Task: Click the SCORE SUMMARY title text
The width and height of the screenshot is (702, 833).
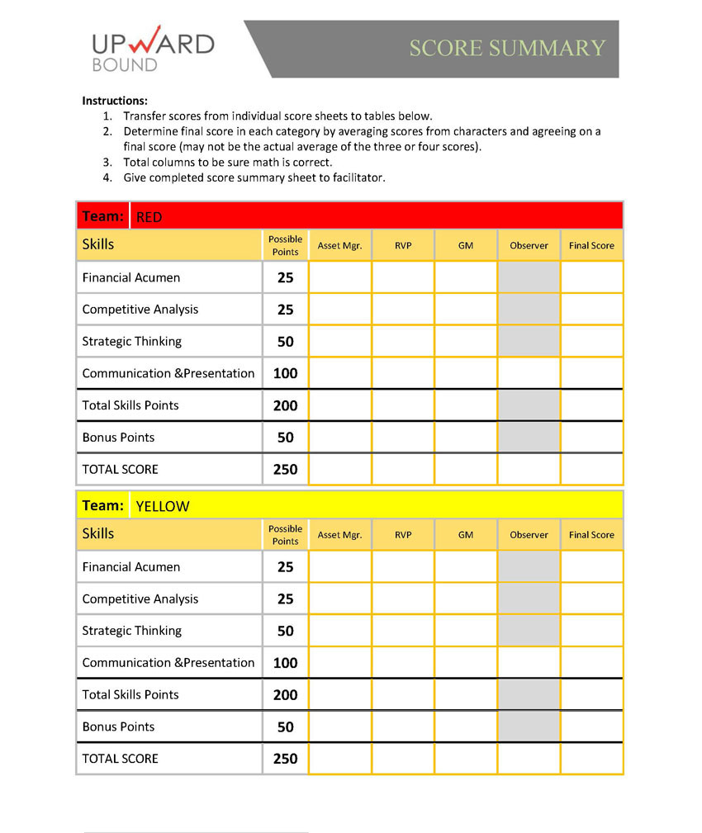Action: coord(507,48)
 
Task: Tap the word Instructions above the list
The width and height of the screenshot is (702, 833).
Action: coord(115,101)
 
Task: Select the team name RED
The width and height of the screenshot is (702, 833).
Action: coord(149,218)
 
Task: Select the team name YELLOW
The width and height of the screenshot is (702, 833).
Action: coord(162,507)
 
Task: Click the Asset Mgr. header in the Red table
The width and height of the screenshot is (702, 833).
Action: coord(339,246)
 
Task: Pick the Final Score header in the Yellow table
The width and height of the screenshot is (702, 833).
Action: coord(591,535)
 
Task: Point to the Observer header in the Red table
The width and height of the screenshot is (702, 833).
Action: coord(529,246)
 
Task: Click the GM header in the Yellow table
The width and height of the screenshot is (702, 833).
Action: coord(466,535)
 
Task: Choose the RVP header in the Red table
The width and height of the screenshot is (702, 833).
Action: coord(403,246)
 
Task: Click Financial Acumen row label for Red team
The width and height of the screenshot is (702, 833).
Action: coord(130,277)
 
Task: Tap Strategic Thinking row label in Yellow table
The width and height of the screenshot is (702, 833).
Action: coord(131,631)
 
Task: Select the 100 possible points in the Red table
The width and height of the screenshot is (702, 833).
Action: coord(285,373)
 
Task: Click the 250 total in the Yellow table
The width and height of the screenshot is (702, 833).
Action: coord(285,759)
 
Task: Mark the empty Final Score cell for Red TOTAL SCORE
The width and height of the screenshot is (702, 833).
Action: coord(591,469)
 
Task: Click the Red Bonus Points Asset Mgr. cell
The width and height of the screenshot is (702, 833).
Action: coord(339,438)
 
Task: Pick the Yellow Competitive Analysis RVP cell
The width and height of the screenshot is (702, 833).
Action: coord(403,599)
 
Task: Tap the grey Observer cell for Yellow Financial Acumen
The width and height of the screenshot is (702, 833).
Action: coord(529,567)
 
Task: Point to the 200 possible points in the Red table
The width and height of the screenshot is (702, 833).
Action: coord(285,405)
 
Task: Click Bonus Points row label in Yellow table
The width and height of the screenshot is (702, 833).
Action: coord(118,727)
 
